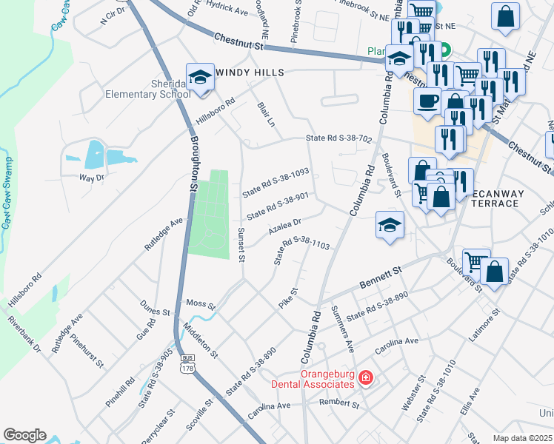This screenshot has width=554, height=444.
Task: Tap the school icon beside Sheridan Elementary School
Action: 199,78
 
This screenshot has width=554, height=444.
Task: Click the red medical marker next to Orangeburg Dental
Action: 365,379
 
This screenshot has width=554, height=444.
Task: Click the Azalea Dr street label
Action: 284,226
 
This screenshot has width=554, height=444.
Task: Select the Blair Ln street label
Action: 266,114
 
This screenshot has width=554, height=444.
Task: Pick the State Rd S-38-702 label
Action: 339,138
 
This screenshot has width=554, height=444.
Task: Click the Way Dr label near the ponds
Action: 92,178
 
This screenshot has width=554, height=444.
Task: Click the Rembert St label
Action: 338,405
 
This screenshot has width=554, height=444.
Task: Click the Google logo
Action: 24,435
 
